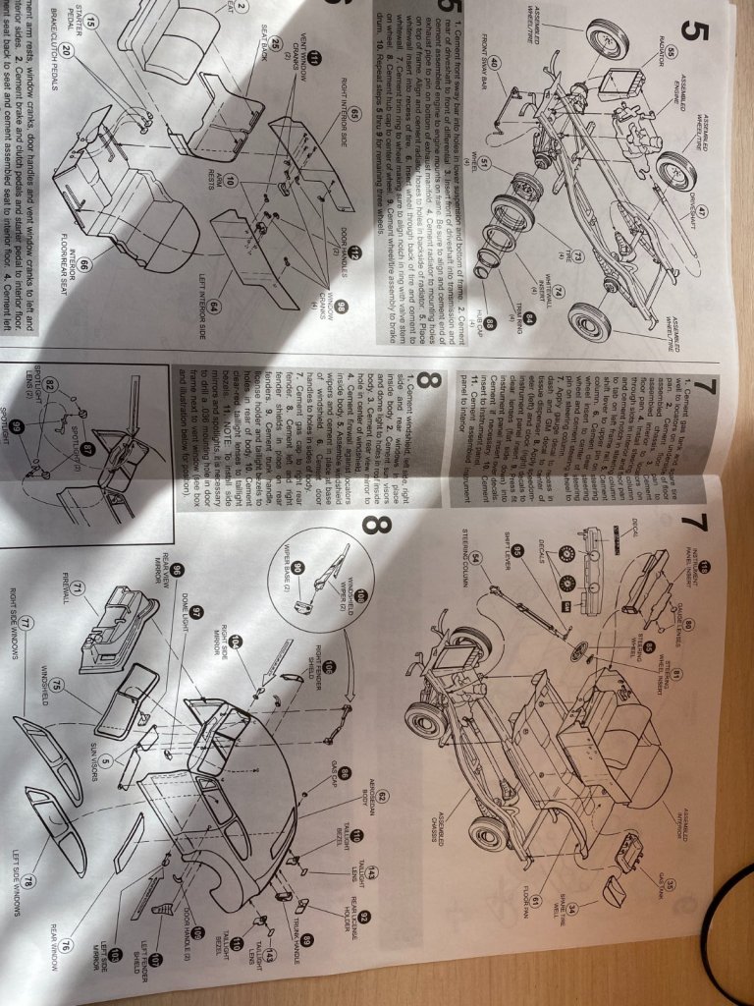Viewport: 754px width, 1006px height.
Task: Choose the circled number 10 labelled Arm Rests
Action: [x=229, y=181]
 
